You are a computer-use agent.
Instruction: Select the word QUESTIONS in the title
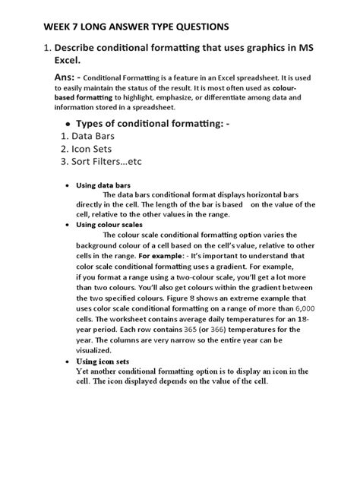tap(191, 27)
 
